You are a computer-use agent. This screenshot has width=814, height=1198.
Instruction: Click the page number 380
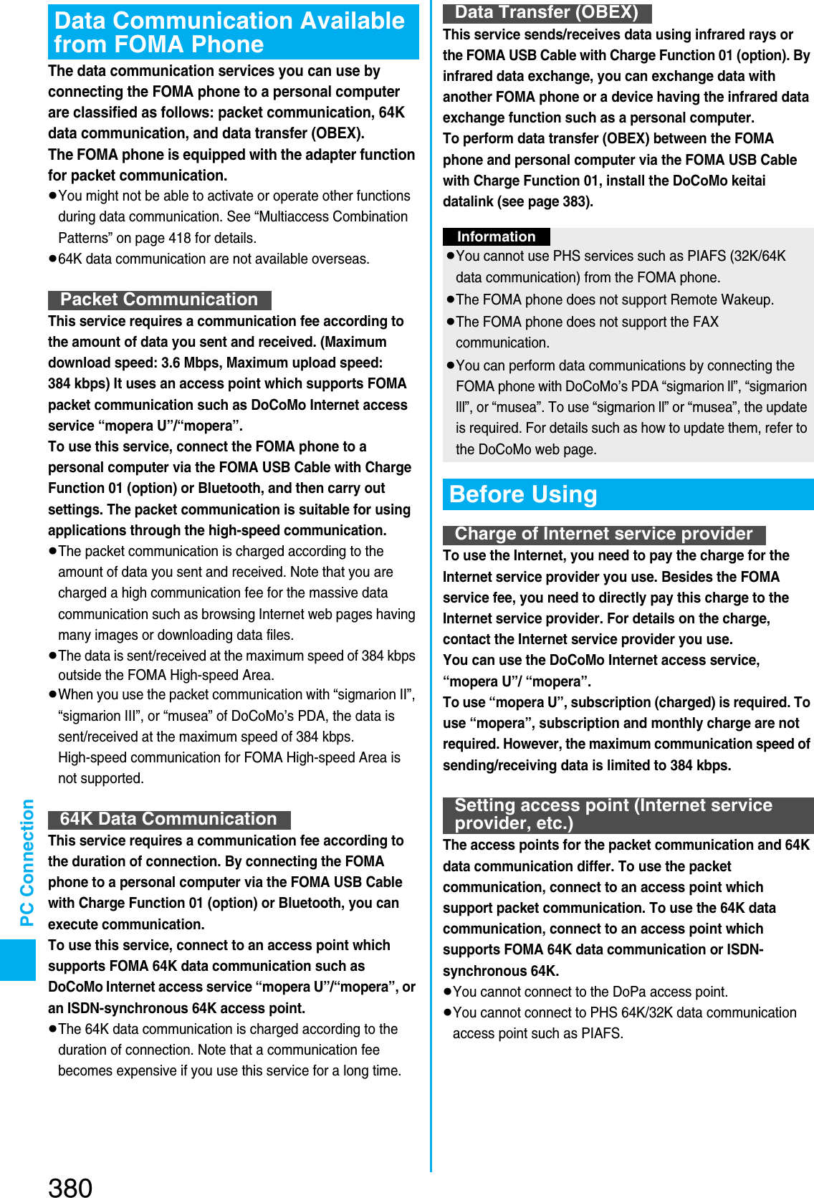(x=70, y=1187)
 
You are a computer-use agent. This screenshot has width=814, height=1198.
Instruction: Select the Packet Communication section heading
(x=159, y=299)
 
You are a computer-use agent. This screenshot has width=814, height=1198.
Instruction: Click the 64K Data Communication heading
(x=168, y=819)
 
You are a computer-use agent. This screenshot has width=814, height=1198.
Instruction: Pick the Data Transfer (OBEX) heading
(x=546, y=12)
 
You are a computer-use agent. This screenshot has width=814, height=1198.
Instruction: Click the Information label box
(x=496, y=236)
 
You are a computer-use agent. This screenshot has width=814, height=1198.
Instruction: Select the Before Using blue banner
(x=627, y=494)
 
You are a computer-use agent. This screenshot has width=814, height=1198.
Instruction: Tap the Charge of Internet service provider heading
(x=603, y=534)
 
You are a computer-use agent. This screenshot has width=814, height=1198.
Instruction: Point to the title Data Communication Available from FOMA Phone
(x=233, y=32)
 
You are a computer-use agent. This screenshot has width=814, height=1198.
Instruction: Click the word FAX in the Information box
(x=705, y=322)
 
